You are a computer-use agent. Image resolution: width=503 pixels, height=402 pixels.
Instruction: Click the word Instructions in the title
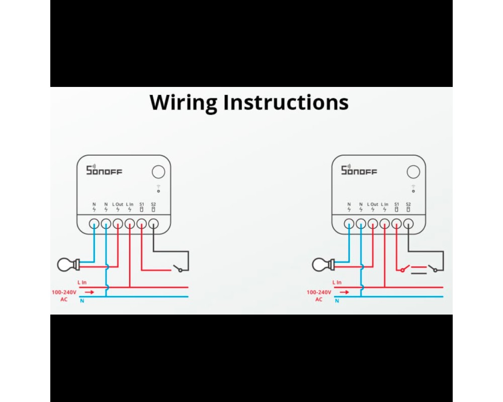point(286,102)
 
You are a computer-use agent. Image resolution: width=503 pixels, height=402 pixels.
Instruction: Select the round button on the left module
point(158,172)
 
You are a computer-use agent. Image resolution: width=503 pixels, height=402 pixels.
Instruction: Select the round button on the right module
point(413,172)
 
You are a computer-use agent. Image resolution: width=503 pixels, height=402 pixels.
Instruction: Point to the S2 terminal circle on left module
point(153,224)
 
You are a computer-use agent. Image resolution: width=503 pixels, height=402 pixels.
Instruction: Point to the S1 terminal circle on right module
point(396,224)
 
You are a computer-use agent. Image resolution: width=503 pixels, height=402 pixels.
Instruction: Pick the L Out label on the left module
point(118,205)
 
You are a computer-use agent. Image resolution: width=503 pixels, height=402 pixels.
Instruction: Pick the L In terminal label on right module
point(385,205)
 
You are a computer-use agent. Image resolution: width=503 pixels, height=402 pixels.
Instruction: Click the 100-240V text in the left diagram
point(64,292)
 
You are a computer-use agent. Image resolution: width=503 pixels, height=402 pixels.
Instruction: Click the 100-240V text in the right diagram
point(319,292)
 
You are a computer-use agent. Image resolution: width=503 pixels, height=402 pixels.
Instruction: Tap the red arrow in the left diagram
point(89,292)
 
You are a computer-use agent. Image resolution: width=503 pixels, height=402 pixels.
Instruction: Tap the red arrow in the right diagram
point(344,292)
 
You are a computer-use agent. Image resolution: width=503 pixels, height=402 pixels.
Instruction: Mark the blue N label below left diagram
point(82,300)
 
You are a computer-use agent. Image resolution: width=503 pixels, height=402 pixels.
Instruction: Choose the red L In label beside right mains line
point(337,283)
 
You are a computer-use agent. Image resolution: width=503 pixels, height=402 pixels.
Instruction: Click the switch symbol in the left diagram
point(177,268)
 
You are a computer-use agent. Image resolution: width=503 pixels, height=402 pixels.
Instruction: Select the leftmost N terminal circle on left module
point(94,224)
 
